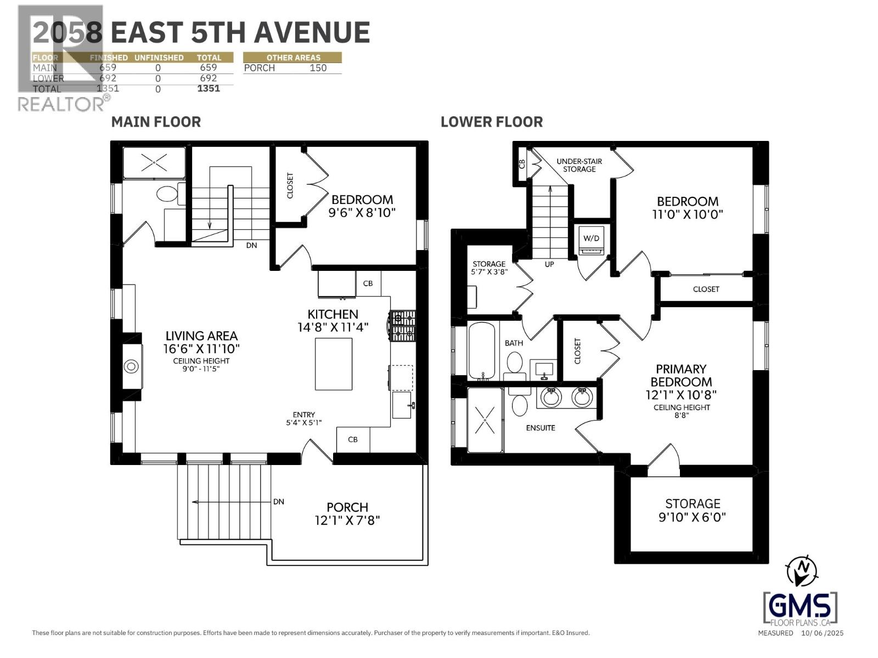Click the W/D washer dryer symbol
coord(591,240)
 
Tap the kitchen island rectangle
coord(333,364)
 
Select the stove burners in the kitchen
coord(403,326)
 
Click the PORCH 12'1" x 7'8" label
coord(347,513)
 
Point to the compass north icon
coord(802,571)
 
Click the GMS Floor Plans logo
coord(800,609)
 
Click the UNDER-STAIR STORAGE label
coord(579,165)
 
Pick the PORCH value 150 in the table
coord(318,68)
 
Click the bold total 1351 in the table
coord(209,88)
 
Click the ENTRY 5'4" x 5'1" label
coord(303,419)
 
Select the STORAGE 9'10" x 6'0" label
coord(693,510)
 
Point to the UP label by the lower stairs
coord(549,264)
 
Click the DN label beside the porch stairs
coord(278,501)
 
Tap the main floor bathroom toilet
coord(166,194)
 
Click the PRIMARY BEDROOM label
coord(681,376)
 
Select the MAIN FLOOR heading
coord(156,122)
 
